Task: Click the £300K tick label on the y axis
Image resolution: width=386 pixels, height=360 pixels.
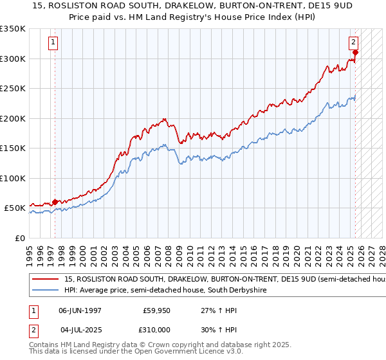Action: click(13, 59)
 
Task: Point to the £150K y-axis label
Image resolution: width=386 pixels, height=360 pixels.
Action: click(13, 148)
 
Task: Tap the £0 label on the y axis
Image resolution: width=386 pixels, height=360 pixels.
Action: click(19, 238)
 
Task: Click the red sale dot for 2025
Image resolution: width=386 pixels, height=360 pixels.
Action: click(355, 53)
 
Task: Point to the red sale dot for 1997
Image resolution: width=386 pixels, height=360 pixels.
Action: click(55, 202)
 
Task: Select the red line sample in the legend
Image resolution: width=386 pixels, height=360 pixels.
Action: click(45, 280)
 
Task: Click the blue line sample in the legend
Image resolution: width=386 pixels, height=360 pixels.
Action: click(45, 291)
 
